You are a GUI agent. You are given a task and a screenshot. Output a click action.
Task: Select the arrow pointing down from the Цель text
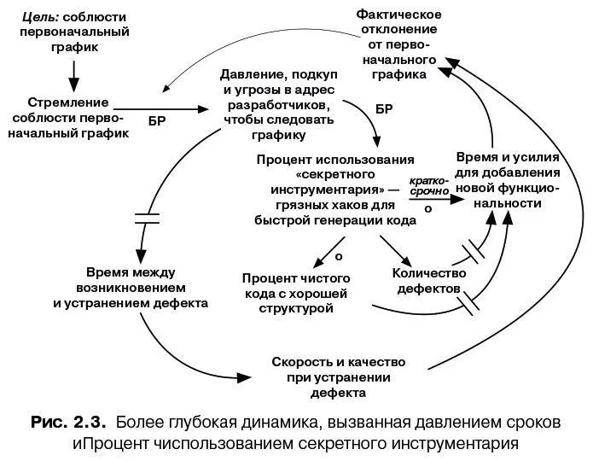coord(73,73)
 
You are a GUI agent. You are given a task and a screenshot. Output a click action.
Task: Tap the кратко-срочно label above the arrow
coord(428,187)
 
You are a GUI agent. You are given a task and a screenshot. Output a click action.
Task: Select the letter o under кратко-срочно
coord(427,208)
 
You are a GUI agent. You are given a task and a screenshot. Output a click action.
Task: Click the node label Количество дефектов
coord(429,281)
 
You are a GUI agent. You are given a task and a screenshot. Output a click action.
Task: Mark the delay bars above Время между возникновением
coord(147,217)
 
